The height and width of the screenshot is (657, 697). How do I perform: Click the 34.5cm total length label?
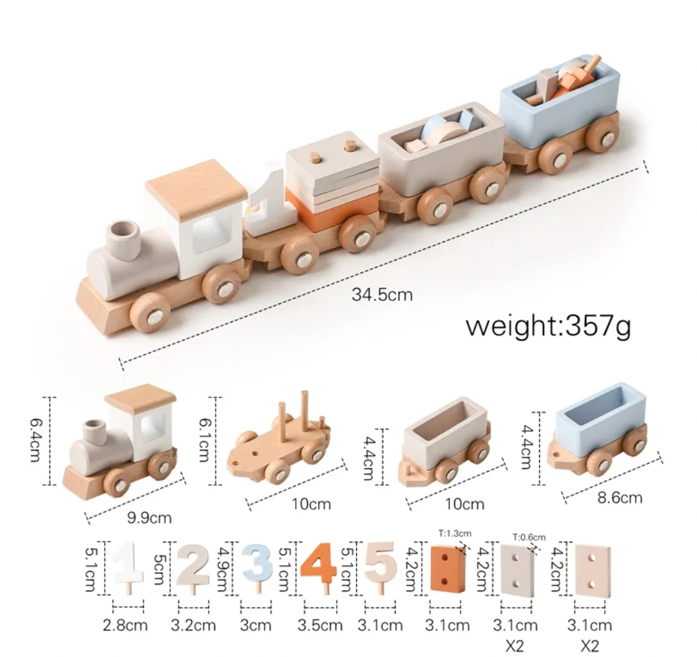click(382, 295)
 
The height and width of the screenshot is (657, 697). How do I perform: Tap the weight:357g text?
click(548, 326)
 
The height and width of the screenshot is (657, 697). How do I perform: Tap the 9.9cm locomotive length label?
click(149, 518)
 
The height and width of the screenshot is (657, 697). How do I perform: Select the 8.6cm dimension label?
click(620, 497)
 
